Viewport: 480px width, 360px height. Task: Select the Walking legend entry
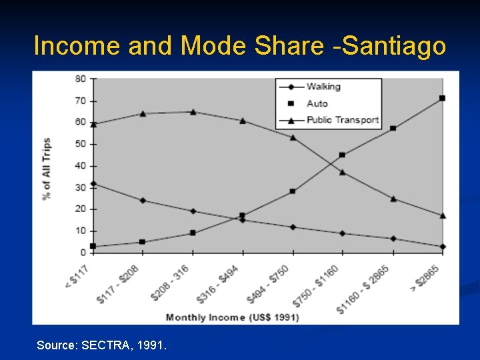(323, 87)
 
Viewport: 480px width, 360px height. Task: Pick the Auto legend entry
(317, 103)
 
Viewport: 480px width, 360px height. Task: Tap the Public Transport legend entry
(341, 121)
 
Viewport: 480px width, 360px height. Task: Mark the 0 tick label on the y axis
(83, 253)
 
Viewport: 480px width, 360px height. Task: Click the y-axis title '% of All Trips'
(47, 169)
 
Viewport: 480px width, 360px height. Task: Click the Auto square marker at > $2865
(442, 98)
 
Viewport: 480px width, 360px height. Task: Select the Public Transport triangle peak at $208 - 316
(193, 112)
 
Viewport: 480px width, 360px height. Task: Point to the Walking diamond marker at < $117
(93, 183)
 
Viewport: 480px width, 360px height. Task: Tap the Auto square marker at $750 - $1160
(342, 155)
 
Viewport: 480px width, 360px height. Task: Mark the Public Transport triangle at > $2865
(442, 215)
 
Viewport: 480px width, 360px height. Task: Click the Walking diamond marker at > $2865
(442, 246)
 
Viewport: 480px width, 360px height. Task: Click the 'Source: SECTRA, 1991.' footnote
(102, 345)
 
